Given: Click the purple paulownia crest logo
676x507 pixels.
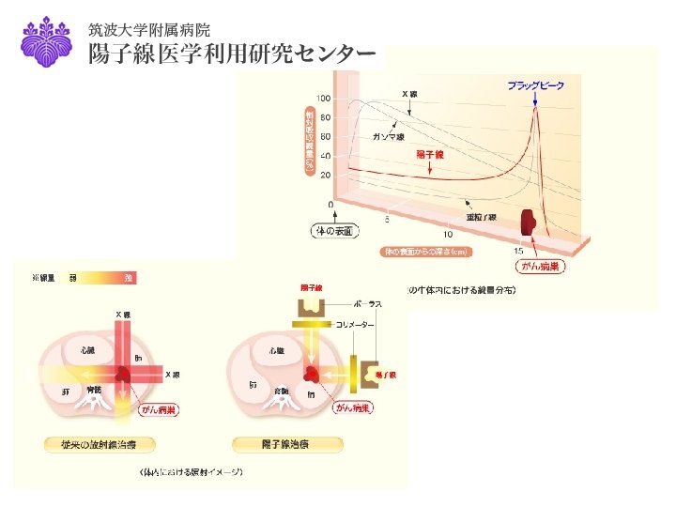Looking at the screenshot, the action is (46, 41).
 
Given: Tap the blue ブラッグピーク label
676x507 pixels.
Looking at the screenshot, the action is (536, 86).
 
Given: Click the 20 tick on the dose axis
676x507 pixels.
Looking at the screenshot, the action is (325, 176).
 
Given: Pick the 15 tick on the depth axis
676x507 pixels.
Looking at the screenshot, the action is (517, 251).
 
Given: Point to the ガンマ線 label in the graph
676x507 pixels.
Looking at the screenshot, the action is (388, 137).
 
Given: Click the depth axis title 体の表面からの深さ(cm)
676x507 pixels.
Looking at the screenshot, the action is (425, 252).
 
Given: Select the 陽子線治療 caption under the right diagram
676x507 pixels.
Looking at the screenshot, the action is (288, 443).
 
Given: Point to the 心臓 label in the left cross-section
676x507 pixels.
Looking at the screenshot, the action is (87, 349).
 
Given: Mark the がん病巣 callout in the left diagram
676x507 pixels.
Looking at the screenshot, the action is (158, 409).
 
